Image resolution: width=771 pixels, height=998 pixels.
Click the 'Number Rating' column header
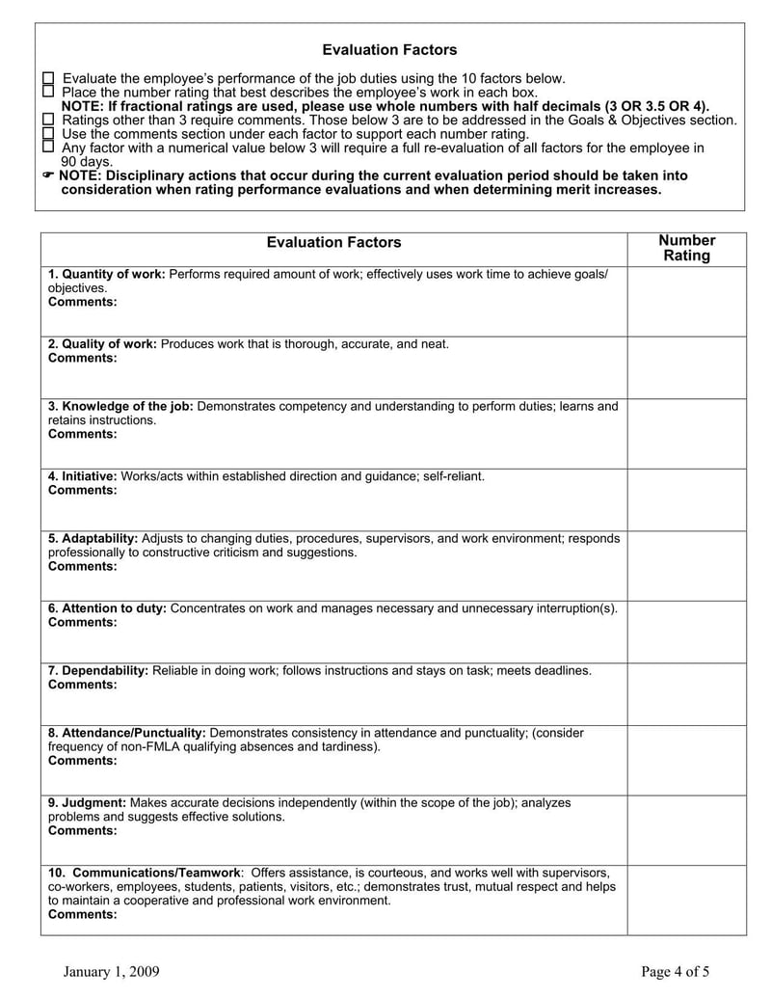(x=686, y=248)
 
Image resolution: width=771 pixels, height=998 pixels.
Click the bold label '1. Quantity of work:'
(x=107, y=274)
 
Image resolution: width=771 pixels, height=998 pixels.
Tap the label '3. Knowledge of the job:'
(x=120, y=406)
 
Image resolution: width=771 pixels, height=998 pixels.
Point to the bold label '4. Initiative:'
(x=83, y=476)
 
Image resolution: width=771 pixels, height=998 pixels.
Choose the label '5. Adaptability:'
(x=93, y=538)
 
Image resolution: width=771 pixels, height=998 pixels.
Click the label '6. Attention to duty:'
(x=107, y=608)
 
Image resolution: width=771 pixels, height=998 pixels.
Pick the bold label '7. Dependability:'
(x=98, y=670)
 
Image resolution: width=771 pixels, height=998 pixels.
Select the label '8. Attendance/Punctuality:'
(x=126, y=733)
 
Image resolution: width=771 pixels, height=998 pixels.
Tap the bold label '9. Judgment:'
(x=87, y=802)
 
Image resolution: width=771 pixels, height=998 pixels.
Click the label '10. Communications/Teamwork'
(x=144, y=873)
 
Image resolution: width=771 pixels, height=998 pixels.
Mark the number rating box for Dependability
(x=686, y=693)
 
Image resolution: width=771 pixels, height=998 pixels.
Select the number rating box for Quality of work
(x=686, y=367)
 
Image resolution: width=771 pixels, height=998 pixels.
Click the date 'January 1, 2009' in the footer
(x=112, y=971)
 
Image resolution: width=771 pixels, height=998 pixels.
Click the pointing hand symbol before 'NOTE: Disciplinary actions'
(x=49, y=175)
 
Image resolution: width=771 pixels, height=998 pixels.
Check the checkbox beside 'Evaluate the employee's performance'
(x=49, y=77)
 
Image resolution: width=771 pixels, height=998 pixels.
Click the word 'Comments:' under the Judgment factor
(x=83, y=830)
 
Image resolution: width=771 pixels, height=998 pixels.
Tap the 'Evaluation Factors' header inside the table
(x=333, y=243)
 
